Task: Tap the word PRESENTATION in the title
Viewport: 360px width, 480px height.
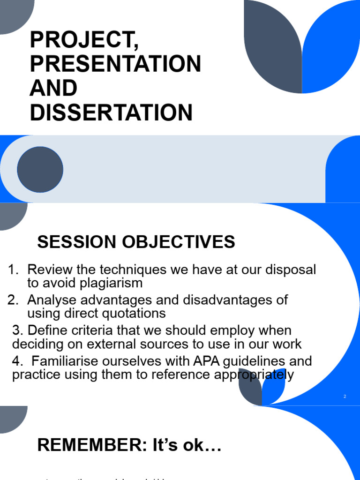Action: [x=115, y=64]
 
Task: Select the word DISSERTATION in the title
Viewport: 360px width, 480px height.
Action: [x=112, y=112]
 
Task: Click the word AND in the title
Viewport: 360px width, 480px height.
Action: [x=53, y=88]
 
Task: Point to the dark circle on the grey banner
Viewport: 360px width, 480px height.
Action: [x=40, y=169]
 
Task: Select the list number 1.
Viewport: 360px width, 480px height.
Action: [x=13, y=270]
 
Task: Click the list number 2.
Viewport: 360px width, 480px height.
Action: [x=13, y=300]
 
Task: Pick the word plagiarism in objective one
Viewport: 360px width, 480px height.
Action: [x=112, y=283]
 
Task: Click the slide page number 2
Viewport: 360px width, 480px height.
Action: [x=345, y=397]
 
